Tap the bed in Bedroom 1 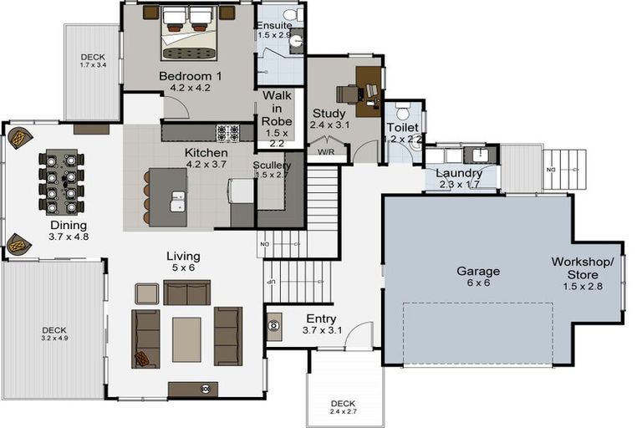(188, 33)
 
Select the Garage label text (478, 272)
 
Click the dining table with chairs (61, 182)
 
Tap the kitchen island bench (168, 197)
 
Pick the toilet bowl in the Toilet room (402, 113)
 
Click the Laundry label (459, 173)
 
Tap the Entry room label (321, 318)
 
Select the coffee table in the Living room (186, 339)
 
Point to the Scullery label (272, 165)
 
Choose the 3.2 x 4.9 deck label (53, 333)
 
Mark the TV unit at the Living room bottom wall (193, 389)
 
